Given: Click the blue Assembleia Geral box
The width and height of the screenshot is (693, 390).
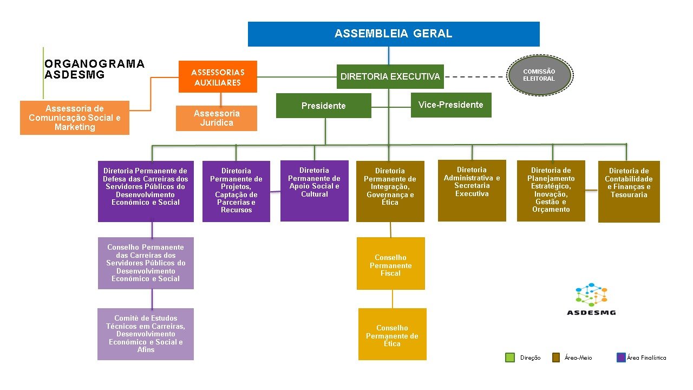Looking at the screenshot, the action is pos(394,34).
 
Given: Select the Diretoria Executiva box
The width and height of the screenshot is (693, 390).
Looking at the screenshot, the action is pos(390,76).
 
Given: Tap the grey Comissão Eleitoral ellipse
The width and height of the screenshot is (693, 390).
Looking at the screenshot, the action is pos(540,75).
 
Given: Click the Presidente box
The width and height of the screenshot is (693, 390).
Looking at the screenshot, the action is pos(324,106).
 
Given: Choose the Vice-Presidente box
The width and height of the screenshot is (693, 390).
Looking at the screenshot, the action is pos(451,105).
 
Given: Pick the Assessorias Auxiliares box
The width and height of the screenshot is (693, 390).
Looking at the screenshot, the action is pos(218,76).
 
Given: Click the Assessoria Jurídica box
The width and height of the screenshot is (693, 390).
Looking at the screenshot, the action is pos(217,118).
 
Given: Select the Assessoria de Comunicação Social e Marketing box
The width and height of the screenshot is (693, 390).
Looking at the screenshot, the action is pos(75,118).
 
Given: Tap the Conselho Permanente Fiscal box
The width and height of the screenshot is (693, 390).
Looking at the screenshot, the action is pos(391,263).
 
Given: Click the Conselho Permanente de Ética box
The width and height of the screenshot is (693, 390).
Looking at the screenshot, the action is pos(393,334).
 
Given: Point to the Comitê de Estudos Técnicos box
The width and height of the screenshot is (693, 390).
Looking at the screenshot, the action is pos(146,334).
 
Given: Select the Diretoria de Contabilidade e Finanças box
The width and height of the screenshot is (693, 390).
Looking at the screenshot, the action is pos(629,192).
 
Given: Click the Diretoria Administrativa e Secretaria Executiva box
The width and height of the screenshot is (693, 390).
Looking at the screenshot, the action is pos(472,191).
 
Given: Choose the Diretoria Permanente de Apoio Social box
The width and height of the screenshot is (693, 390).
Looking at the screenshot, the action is pos(315,191).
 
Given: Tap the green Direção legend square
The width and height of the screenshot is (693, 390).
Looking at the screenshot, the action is pos(510,357).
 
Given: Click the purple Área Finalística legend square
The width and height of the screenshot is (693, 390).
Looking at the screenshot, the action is pos(621,357).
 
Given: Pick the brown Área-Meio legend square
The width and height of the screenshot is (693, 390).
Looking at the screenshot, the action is pos(556,357).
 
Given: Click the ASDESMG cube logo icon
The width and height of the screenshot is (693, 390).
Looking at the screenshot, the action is pos(591,294).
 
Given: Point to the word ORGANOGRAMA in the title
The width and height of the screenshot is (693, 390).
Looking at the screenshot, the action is pos(94,64).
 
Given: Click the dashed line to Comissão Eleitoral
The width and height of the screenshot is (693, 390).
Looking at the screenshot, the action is pos(475,77).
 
